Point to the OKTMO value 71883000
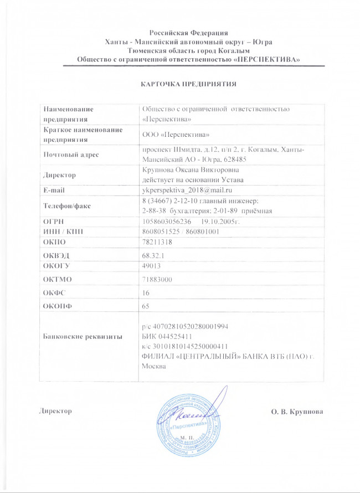click(158, 280)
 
